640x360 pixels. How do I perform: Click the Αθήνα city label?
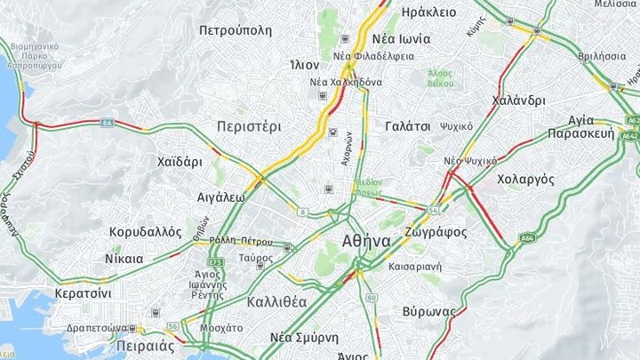point(365,241)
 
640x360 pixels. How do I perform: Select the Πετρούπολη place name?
point(235,30)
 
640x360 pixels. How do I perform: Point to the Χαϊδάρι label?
point(180,162)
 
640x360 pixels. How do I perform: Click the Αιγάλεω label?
point(221,197)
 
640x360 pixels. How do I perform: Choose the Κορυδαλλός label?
point(146,232)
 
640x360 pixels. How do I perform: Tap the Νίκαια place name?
point(124,259)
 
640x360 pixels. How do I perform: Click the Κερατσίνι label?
point(83,292)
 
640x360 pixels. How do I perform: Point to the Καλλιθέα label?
point(276,301)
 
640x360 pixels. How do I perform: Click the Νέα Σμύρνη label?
point(304,338)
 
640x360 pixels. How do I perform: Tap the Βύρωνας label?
point(428,311)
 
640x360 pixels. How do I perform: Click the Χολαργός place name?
point(525,179)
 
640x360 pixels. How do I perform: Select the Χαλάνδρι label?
point(517,100)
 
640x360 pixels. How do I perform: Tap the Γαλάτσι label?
point(408,126)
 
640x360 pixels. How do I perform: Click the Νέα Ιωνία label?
point(401,38)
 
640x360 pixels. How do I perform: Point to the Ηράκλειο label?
point(429,12)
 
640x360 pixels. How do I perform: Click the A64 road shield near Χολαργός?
point(527,238)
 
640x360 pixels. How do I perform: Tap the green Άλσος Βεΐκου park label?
point(439,77)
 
